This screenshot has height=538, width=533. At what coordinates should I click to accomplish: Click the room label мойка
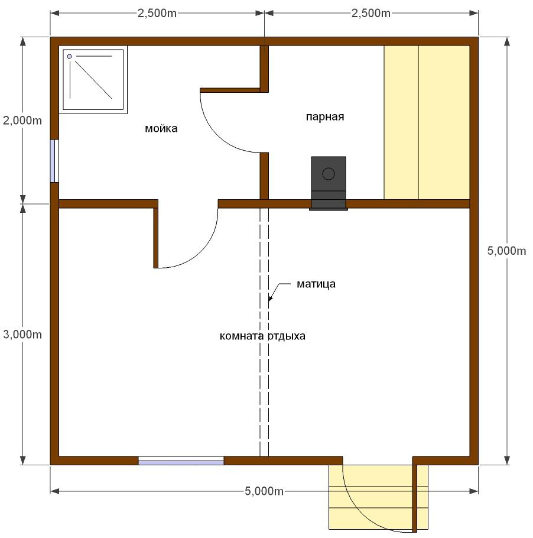coord(161,129)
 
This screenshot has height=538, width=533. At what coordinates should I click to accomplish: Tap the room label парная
coord(325,117)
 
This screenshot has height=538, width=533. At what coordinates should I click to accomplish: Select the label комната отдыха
coord(262,336)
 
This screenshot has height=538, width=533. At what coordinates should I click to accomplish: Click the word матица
coord(316,284)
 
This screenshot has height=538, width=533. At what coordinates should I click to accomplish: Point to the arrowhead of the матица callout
coord(270,299)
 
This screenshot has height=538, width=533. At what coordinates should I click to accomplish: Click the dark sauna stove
coord(328,183)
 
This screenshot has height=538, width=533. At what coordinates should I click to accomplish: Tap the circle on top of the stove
coord(328,174)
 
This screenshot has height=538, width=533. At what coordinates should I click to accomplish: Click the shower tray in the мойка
coord(93,80)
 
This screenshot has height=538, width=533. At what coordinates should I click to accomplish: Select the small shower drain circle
coord(69,56)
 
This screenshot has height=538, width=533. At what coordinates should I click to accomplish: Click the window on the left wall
coord(54,161)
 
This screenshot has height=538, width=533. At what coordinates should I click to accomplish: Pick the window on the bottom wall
coord(181,461)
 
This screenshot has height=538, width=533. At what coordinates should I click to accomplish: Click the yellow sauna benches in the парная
coord(426,122)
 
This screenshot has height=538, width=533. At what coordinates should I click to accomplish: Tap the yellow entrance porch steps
coord(378,497)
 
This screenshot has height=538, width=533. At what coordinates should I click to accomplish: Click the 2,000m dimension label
coord(22,121)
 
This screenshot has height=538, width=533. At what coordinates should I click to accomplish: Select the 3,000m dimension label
coord(22,334)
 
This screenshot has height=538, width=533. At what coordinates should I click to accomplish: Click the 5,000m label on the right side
coord(506,251)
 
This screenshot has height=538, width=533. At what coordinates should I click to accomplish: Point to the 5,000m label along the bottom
coord(264,491)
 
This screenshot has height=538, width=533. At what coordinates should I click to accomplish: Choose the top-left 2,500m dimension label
coord(157,13)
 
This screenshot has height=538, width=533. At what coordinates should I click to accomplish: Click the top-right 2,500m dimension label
coord(370,13)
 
